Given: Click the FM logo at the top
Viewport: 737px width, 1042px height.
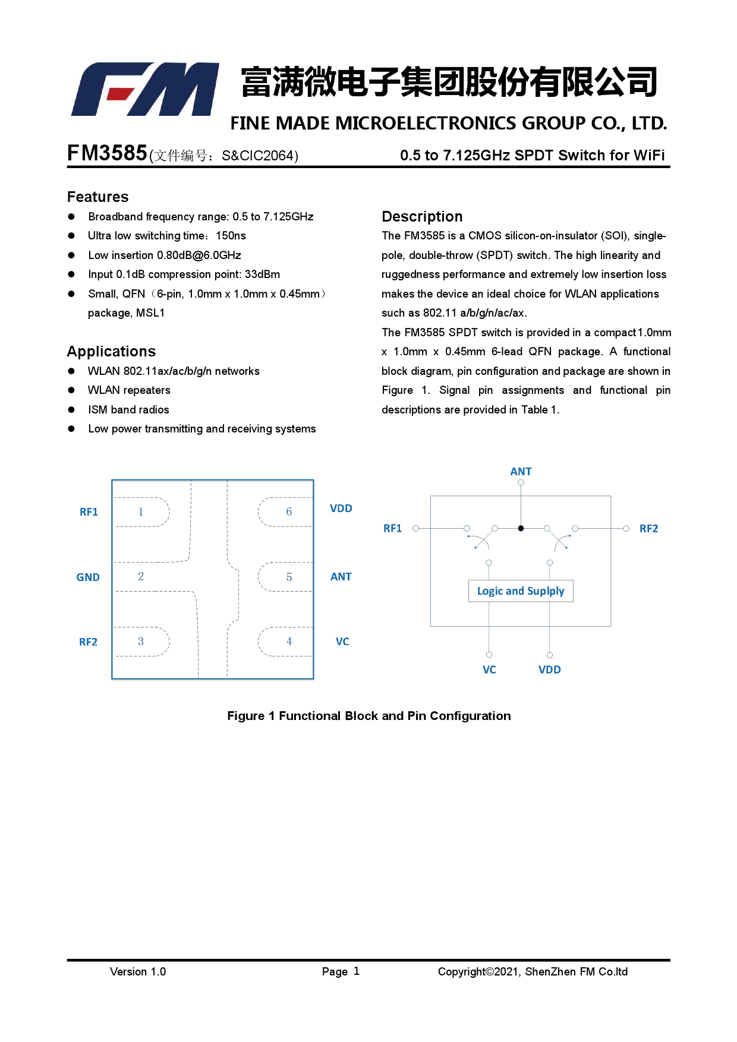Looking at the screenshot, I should [145, 89].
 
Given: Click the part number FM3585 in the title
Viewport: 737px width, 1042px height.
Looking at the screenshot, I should [107, 153].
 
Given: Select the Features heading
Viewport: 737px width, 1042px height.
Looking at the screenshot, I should [97, 197].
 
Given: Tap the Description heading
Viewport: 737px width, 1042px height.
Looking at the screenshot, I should [422, 216].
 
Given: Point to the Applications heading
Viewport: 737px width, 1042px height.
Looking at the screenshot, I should [111, 351].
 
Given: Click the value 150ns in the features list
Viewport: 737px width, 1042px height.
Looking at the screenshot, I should [231, 236].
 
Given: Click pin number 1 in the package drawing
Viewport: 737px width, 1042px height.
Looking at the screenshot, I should [141, 511].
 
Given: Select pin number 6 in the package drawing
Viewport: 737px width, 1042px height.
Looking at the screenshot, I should [289, 511].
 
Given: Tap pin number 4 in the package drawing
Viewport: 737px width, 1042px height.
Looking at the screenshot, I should [289, 642].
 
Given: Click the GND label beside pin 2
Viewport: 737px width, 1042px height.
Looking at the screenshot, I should [88, 577].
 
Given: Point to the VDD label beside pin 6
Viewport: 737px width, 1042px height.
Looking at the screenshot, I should [341, 509].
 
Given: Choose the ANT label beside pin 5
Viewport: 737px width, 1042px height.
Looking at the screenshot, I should [341, 577].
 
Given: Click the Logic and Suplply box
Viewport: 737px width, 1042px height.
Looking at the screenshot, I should [521, 591].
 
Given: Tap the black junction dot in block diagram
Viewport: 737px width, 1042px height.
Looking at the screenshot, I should [521, 528].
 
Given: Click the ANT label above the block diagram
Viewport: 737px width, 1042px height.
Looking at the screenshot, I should [521, 472].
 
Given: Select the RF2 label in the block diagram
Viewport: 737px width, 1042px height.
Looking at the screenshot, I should [648, 529].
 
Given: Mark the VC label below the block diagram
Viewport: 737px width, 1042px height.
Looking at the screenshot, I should [489, 670].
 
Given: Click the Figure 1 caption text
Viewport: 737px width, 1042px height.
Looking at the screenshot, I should [368, 716].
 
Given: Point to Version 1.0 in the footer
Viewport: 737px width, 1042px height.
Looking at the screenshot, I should [138, 972].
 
